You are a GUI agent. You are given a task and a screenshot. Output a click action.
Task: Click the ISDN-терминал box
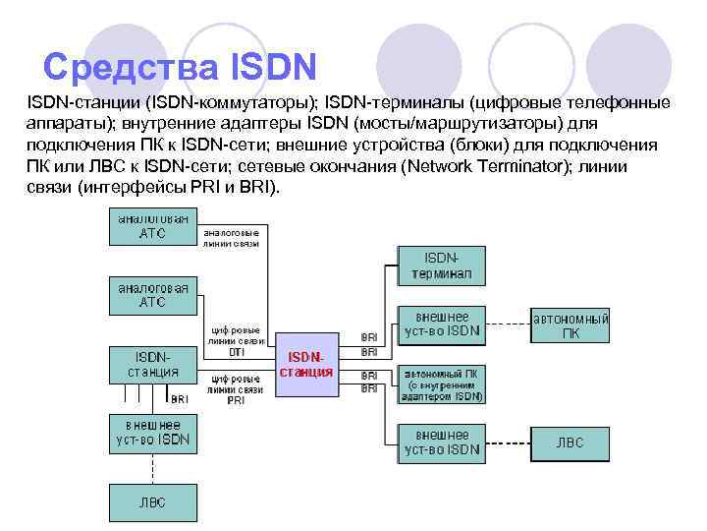[441, 264]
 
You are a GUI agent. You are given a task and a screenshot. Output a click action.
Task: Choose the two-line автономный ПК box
[571, 325]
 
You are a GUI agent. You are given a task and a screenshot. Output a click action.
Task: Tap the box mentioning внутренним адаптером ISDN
[441, 385]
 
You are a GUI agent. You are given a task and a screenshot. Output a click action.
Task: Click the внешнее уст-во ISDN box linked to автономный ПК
[441, 324]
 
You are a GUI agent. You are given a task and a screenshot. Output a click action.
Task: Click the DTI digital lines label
[236, 340]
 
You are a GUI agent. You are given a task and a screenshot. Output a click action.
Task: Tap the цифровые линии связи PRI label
[236, 389]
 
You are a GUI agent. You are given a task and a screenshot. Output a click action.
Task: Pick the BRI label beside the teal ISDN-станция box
[181, 399]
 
